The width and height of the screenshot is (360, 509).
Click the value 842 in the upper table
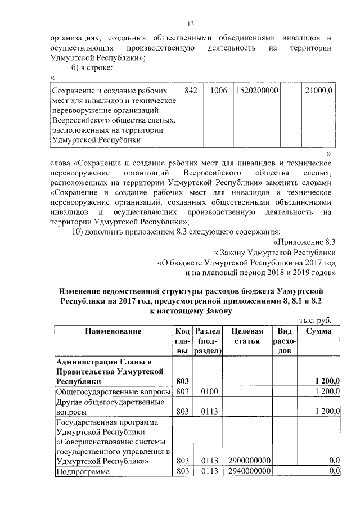pyautogui.click(x=190, y=90)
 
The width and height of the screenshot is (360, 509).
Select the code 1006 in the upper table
pyautogui.click(x=215, y=90)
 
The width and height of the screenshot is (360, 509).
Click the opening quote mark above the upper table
pyautogui.click(x=52, y=78)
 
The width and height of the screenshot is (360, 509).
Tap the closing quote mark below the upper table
pyautogui.click(x=329, y=153)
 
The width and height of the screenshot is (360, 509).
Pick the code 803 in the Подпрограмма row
pyautogui.click(x=181, y=471)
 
